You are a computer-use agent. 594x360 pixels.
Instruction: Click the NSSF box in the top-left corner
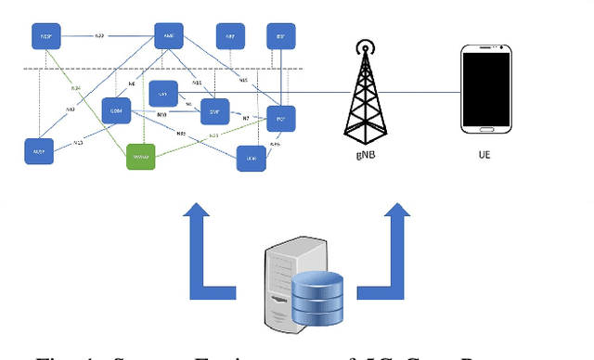pyautogui.click(x=45, y=38)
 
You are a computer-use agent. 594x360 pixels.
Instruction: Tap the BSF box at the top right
pyautogui.click(x=279, y=38)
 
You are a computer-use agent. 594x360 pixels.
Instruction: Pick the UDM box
pyautogui.click(x=116, y=110)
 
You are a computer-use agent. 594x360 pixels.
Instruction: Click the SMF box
pyautogui.click(x=213, y=110)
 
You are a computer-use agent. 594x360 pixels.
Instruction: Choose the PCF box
pyautogui.click(x=280, y=118)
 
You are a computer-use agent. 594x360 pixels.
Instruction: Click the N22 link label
pyautogui.click(x=100, y=36)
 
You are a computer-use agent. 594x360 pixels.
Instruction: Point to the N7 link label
pyautogui.click(x=246, y=118)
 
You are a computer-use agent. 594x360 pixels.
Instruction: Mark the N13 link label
pyautogui.click(x=78, y=143)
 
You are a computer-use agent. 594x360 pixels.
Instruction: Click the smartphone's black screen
pyautogui.click(x=485, y=90)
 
